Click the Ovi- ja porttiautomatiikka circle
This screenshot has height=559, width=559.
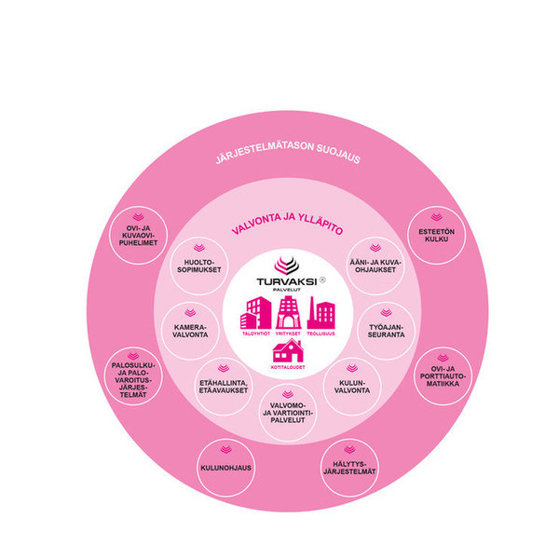pos(443,375)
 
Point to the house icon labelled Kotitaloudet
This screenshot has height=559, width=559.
pos(288,351)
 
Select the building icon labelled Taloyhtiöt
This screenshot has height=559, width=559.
pos(254,312)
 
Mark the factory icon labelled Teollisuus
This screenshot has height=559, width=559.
pos(321,313)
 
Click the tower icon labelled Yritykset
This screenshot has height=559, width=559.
pos(289,310)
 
